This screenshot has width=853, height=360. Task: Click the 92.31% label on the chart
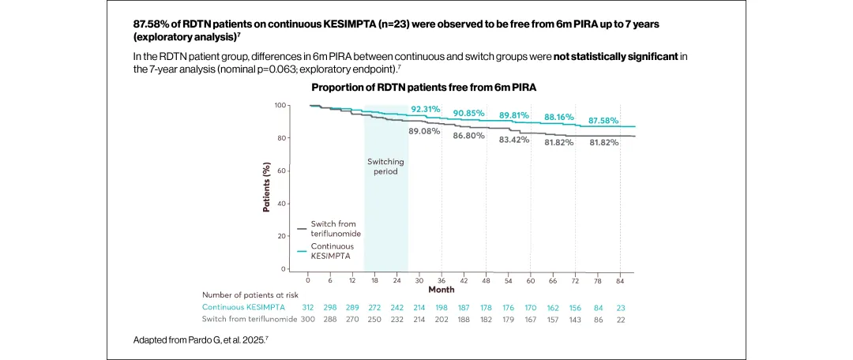coord(426,109)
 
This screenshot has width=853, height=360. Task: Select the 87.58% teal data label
coord(603,120)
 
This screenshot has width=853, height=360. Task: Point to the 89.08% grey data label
coord(424,131)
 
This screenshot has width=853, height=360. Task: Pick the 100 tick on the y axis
coord(280,105)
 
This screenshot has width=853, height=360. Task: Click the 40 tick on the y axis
coord(282,204)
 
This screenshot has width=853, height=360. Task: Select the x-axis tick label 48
coord(487,280)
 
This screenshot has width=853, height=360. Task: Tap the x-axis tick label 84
coord(620,280)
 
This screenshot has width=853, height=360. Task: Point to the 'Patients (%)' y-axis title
coord(266,188)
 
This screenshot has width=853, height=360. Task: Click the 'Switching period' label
coord(385,167)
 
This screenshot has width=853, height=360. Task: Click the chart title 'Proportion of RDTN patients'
coord(423,87)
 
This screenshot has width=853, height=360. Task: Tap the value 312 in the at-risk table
coord(308,306)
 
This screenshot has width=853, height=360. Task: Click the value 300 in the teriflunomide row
coord(308,318)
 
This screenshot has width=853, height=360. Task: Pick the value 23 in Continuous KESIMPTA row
coord(620,306)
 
